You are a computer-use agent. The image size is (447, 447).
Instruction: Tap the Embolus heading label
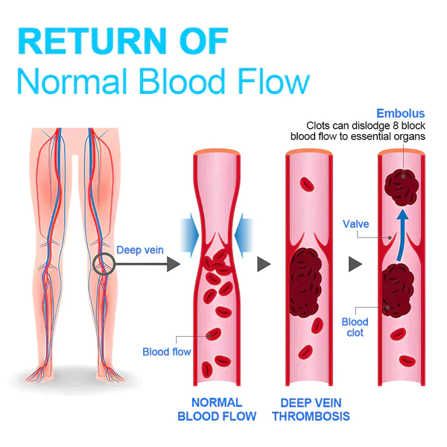pos(401,113)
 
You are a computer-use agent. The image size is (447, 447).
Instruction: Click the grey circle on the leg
pos(104,264)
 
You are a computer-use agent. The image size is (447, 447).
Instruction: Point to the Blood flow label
pos(166,352)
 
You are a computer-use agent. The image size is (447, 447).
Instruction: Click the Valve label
pos(355,223)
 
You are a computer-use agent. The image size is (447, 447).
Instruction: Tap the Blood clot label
pos(355,327)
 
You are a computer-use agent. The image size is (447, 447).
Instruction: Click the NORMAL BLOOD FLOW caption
pos(217,408)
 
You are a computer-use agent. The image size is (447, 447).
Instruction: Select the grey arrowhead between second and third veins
pos(356,264)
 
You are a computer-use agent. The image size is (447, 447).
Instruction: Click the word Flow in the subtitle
pos(271,81)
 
